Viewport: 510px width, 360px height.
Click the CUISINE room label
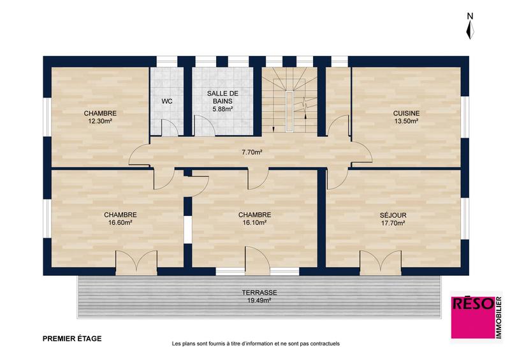(x=406, y=113)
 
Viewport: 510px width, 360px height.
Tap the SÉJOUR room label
(x=393, y=215)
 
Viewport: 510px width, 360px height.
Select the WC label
(x=166, y=101)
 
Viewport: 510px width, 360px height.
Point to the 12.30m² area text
(x=99, y=121)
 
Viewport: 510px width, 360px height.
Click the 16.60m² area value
(x=120, y=223)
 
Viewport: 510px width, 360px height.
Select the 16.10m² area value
(x=254, y=223)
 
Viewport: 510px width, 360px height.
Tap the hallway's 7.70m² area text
(x=252, y=152)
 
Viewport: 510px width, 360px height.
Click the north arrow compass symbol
(x=470, y=29)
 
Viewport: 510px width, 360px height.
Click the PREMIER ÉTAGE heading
(x=71, y=338)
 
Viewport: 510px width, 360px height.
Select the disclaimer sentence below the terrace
(x=256, y=343)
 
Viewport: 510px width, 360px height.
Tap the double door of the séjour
(x=381, y=261)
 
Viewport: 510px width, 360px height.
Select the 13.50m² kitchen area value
(x=406, y=121)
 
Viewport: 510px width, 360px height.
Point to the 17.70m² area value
(x=393, y=223)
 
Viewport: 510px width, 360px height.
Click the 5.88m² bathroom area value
(x=222, y=109)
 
